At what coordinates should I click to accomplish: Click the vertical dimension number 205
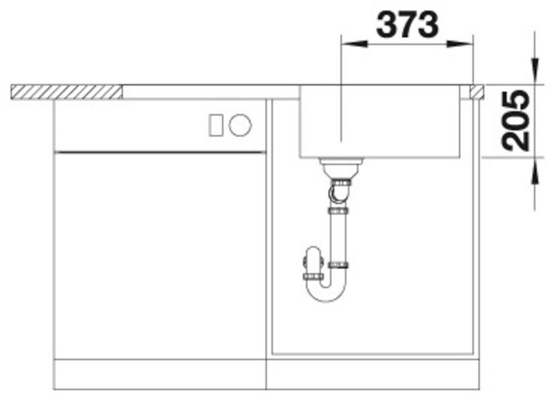pyautogui.click(x=515, y=120)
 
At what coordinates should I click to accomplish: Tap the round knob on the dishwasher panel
pyautogui.click(x=240, y=125)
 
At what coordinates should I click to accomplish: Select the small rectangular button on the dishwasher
pyautogui.click(x=215, y=125)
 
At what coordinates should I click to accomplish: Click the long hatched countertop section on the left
pyautogui.click(x=66, y=92)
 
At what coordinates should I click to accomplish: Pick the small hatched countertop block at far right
pyautogui.click(x=477, y=92)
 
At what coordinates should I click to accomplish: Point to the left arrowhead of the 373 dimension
pyautogui.click(x=354, y=44)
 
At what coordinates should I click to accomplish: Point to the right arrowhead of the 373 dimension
pyautogui.click(x=460, y=44)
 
